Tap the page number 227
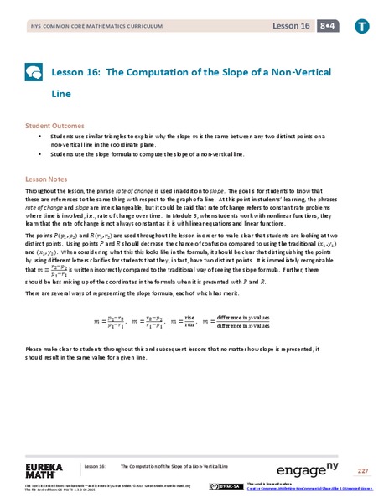click(x=362, y=469)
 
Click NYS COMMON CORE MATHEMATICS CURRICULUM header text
click(x=82, y=27)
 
